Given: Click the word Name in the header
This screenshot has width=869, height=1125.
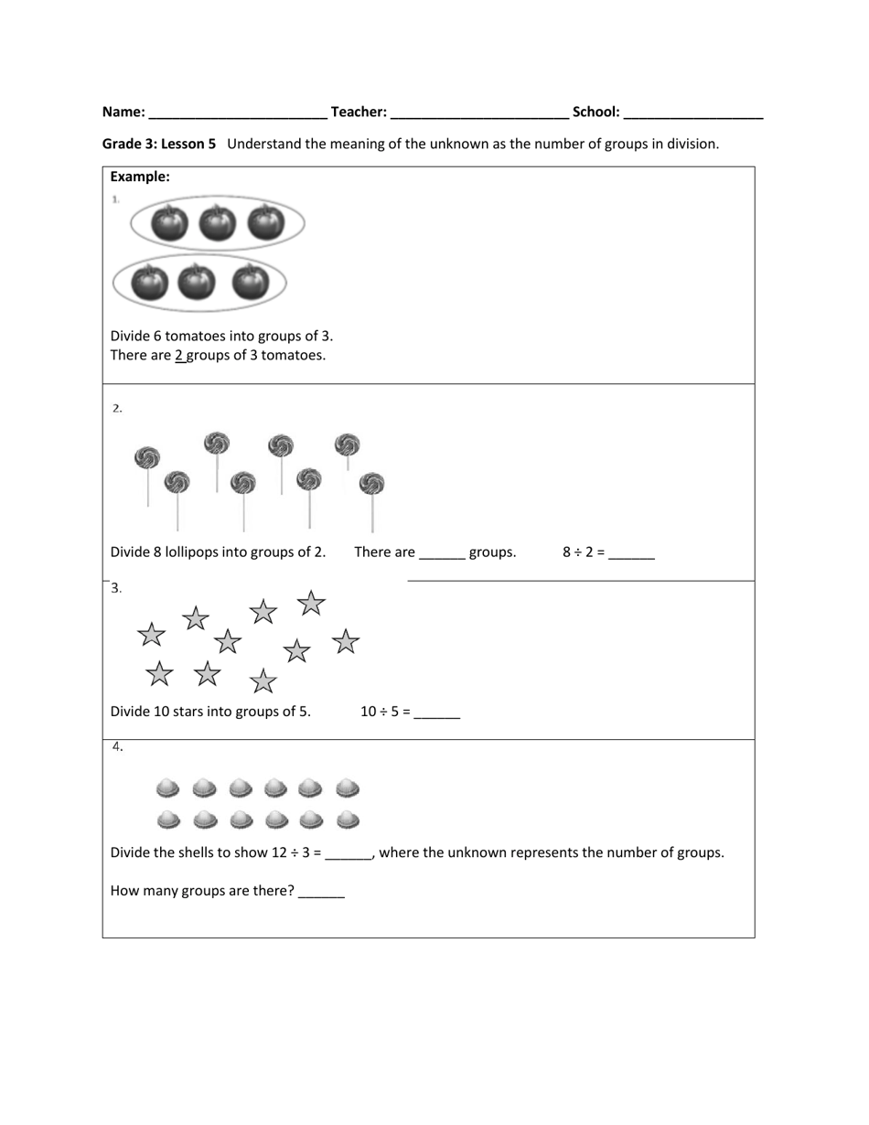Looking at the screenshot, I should (123, 112).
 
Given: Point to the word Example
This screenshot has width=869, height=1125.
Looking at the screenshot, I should (140, 177).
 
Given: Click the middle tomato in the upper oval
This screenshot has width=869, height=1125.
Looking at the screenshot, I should (217, 222).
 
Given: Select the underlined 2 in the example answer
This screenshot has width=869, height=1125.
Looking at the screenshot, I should (179, 356).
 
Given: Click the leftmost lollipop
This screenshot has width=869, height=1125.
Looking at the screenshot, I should (146, 457).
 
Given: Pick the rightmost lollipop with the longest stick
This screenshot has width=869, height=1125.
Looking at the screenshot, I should (371, 484).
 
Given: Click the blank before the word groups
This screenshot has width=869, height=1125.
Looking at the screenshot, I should (442, 553).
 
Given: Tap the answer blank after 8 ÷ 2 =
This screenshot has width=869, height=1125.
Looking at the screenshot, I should (631, 553).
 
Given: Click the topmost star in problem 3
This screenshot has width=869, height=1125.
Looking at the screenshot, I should (311, 603).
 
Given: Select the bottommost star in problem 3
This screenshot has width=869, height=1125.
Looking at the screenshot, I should (263, 681).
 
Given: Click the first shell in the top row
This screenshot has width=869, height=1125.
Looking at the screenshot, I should (167, 787).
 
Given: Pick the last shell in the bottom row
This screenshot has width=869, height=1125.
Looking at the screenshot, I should (348, 820).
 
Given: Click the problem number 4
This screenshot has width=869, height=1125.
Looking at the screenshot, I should (118, 747).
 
